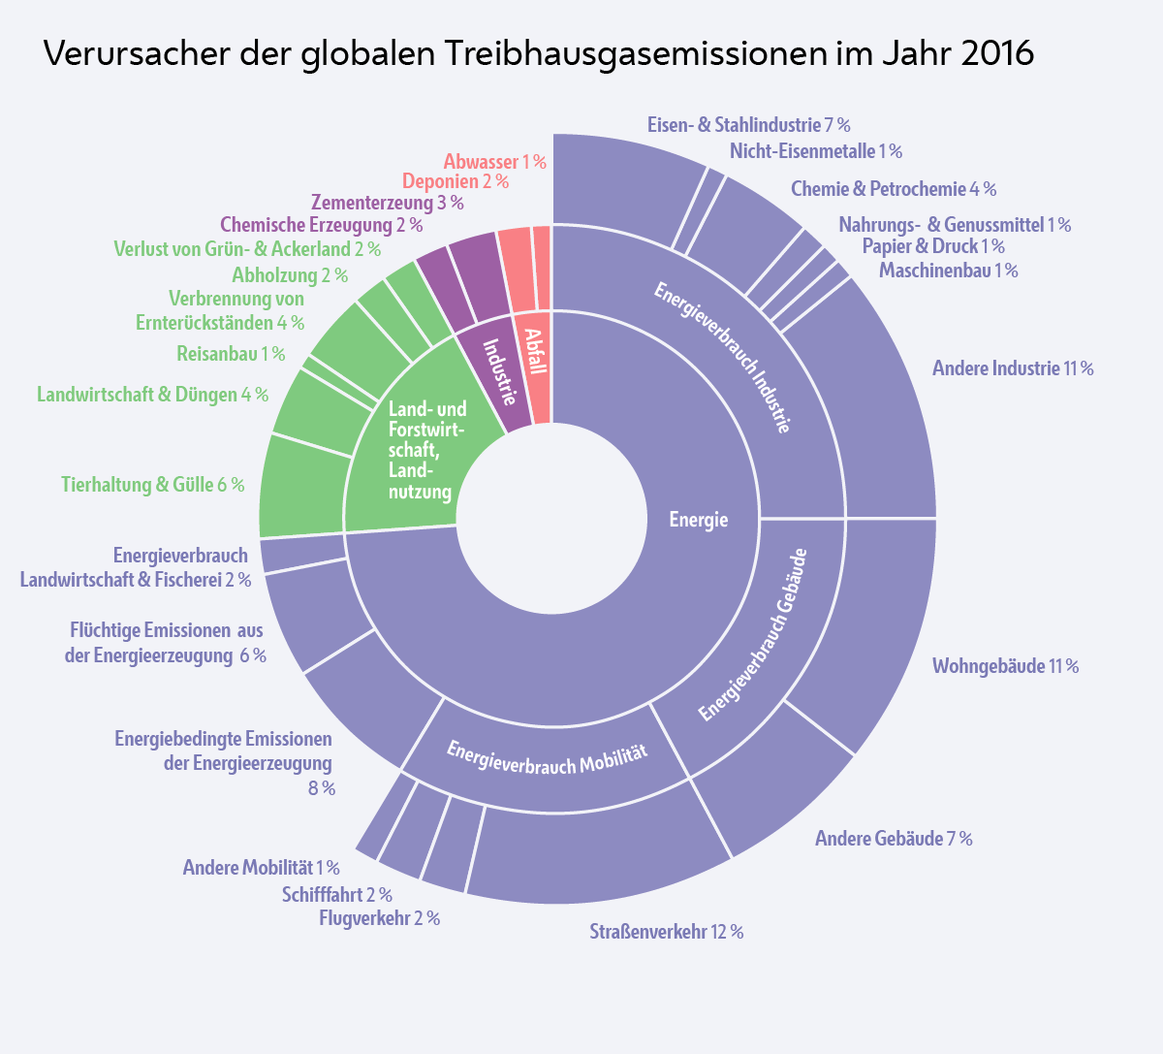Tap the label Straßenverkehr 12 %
coord(666,932)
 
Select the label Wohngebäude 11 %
coord(1005,666)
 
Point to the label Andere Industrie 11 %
coord(1012,368)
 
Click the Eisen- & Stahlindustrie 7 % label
coord(748,125)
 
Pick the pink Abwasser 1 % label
coord(494,162)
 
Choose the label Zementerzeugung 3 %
coord(387,203)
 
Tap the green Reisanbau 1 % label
coord(231,354)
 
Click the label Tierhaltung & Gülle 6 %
coord(152,484)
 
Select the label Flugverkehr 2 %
coord(379,917)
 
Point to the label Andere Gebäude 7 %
coord(893,838)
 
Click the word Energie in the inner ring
coord(698,520)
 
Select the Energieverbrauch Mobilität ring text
coord(547,756)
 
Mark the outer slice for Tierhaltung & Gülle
coord(300,485)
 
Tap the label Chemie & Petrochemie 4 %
coord(893,189)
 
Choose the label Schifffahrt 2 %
coord(336,894)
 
